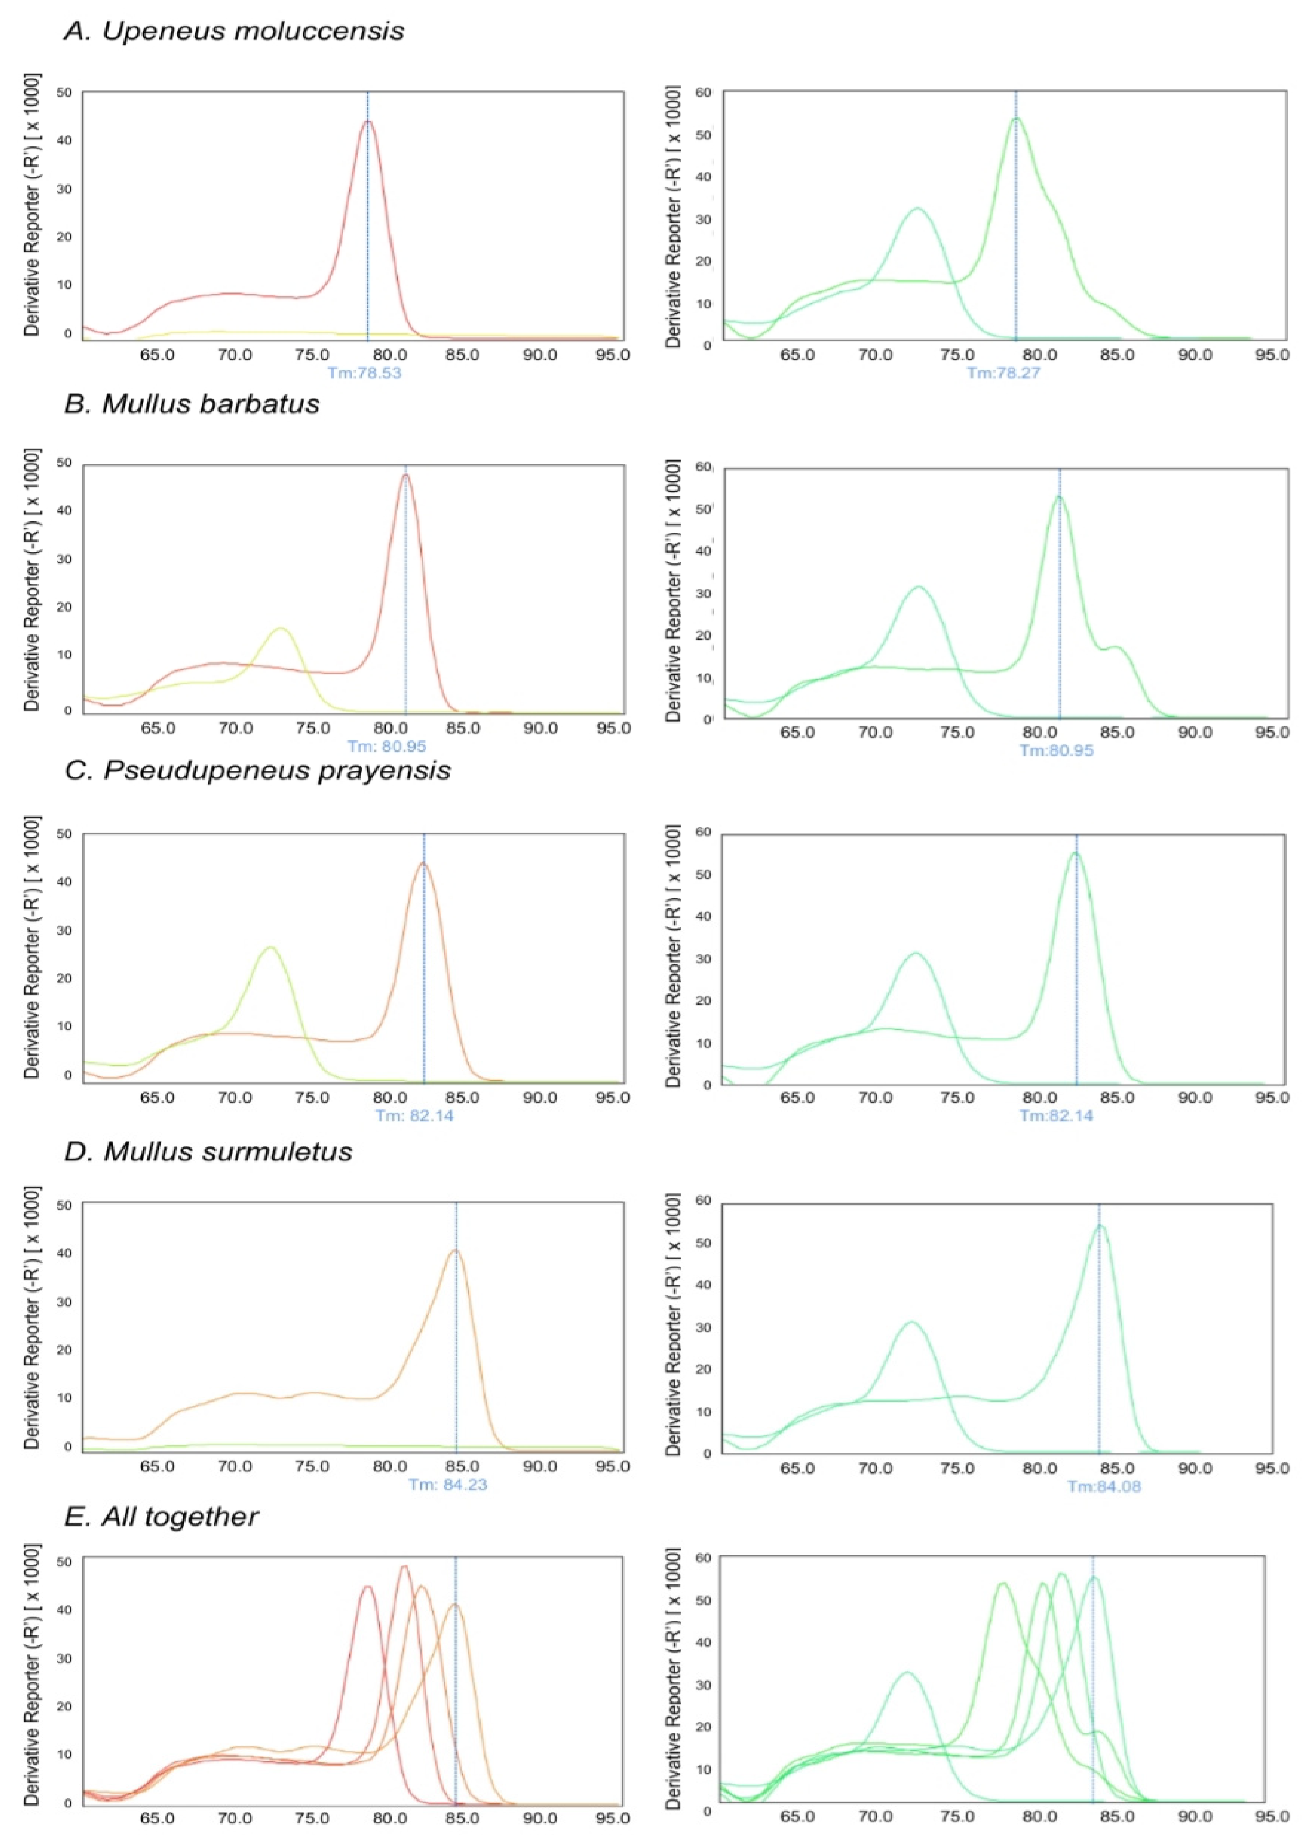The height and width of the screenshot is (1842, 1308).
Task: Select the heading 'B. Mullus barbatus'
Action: pos(192,403)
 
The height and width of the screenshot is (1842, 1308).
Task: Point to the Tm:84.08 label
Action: pos(1104,1486)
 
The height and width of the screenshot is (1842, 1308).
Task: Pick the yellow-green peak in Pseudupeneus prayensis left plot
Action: pos(271,947)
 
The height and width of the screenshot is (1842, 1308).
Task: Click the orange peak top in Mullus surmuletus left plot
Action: pos(456,1251)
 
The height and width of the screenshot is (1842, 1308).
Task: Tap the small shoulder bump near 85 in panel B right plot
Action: pos(1115,647)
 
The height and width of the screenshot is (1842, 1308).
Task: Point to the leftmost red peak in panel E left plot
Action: pos(367,1587)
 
